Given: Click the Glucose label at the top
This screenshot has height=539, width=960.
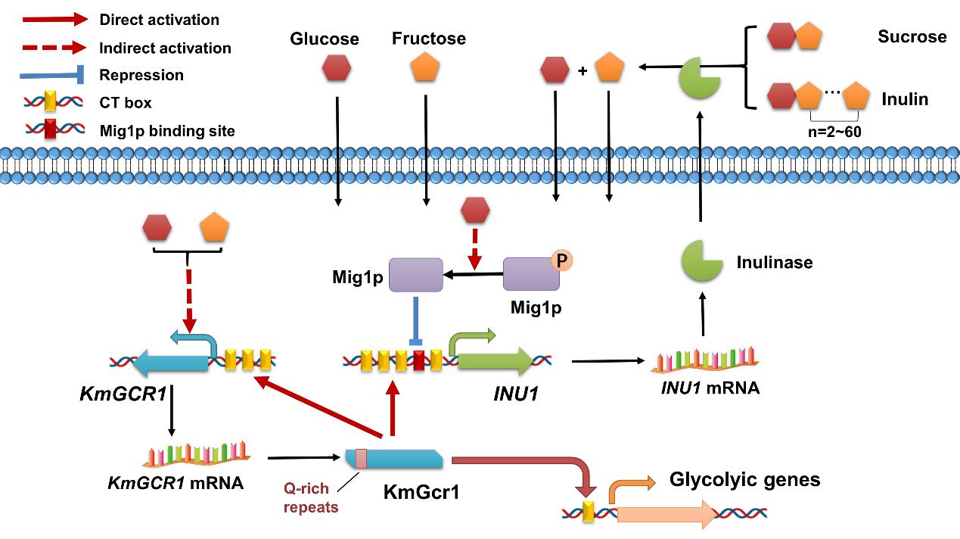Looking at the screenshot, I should click(x=325, y=38).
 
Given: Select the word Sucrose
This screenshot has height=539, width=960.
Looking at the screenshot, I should click(x=912, y=36).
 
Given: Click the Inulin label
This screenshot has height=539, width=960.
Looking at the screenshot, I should click(x=905, y=98).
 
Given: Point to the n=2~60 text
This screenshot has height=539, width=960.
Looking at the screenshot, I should click(x=836, y=129).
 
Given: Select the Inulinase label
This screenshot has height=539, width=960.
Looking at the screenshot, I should click(x=775, y=263).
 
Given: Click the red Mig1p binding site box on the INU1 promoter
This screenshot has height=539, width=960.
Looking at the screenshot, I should click(x=419, y=361).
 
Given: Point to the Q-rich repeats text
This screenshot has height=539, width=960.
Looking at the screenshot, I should click(x=311, y=498).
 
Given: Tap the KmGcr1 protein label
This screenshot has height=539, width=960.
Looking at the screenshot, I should click(x=421, y=492).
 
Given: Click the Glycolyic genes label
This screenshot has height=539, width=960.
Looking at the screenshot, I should click(x=744, y=479).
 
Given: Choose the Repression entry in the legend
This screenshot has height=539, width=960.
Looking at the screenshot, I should click(x=141, y=75).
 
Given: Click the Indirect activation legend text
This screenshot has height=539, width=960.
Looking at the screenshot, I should click(x=165, y=48).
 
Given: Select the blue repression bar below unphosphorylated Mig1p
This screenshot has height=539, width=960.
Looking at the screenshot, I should click(x=415, y=322).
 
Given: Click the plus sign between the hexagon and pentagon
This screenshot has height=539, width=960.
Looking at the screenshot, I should click(x=582, y=71).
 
